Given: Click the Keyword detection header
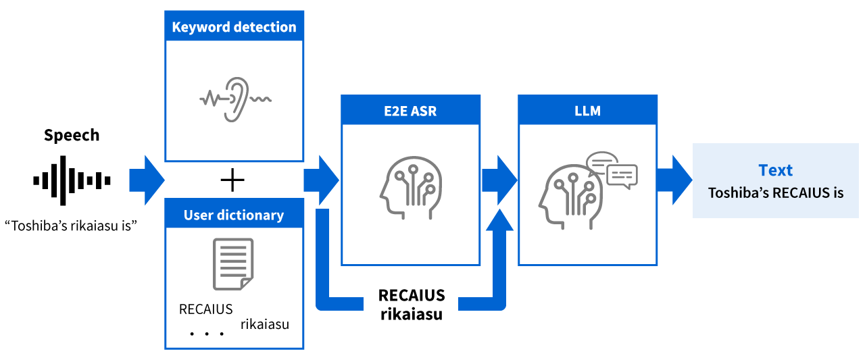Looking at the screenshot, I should coord(234,27).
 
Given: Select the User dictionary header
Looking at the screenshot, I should coord(234,215).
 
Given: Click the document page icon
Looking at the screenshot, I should coord(233,264).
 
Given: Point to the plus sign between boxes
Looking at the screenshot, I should coord(232,180).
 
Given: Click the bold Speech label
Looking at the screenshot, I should coord(72,135).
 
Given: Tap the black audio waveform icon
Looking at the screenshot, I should coord(72,180).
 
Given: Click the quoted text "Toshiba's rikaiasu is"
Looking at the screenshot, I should coord(71,225).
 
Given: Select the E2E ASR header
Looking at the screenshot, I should coord(411,111).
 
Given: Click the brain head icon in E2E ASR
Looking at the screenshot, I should coord(406,187).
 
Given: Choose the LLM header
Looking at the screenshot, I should coord(587,111).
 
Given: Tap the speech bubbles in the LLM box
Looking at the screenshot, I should coord(612,170).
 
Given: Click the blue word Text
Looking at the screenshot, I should coord(775,170).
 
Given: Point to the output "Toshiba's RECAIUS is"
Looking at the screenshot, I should coord(775,193).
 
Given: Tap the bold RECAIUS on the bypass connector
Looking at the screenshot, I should coord(411,295).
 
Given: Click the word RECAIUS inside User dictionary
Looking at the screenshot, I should coord(205,309).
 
